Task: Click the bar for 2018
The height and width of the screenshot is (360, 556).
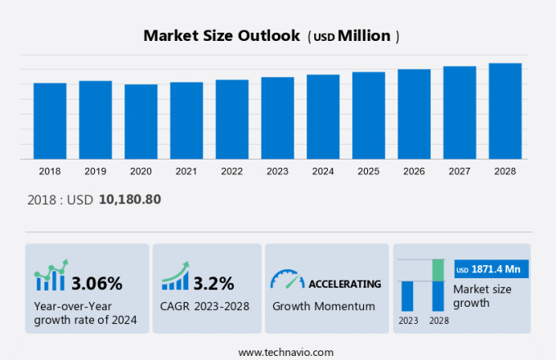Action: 50,120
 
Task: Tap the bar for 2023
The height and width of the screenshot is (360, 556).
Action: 277,118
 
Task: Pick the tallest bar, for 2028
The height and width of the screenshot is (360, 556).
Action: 505,110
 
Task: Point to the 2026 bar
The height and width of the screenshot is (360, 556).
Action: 414,114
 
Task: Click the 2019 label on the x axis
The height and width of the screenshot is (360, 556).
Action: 95,171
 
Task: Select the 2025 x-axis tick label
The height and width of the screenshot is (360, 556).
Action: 368,171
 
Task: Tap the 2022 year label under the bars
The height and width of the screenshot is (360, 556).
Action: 231,171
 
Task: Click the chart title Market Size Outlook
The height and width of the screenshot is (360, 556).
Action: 220,36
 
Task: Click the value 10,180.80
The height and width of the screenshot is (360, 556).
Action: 130,199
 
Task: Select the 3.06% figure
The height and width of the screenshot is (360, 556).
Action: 96,284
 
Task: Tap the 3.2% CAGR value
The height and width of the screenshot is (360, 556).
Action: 213,284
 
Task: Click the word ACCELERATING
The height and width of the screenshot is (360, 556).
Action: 344,284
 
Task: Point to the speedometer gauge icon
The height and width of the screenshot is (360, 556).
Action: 286,281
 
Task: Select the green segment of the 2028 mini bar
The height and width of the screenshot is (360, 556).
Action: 437,270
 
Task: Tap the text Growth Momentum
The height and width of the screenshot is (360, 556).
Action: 323,306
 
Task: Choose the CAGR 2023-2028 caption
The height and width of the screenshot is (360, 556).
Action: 205,306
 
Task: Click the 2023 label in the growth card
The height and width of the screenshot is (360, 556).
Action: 407,321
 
